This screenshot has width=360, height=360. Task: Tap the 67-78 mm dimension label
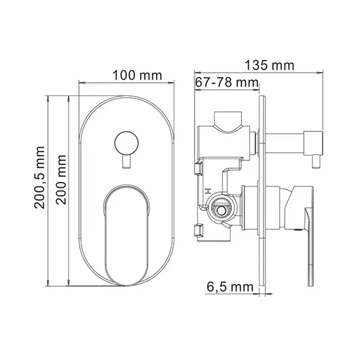[227, 83]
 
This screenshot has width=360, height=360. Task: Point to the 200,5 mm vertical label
[40, 188]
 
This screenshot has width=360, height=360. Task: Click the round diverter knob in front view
[127, 142]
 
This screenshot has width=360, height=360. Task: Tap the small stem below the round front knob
[127, 163]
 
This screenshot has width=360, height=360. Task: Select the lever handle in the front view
[126, 234]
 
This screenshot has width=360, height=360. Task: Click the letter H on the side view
[206, 190]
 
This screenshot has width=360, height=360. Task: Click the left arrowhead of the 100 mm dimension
[81, 82]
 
